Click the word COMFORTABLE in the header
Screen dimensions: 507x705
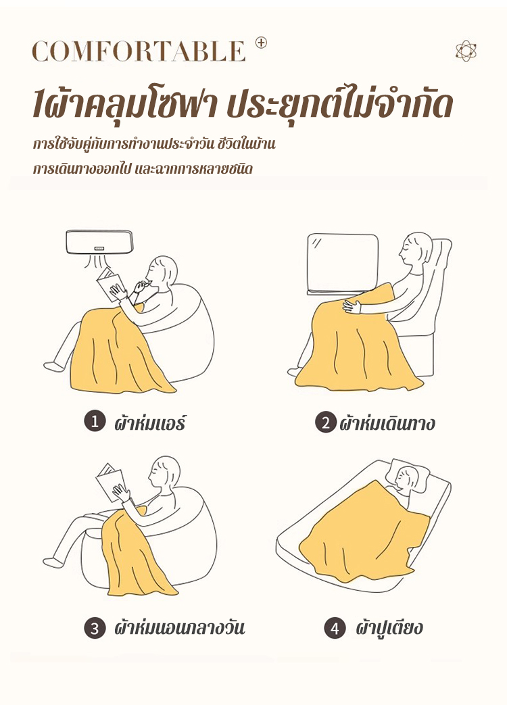tap(139, 51)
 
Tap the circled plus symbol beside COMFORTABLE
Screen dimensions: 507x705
tap(261, 43)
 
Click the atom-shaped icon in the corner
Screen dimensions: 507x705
tap(466, 51)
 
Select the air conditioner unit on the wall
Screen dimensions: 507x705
tap(100, 243)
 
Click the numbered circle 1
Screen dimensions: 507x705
tap(95, 422)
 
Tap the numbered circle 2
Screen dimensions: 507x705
tap(325, 422)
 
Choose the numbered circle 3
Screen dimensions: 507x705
tap(95, 628)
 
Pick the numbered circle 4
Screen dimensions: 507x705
tap(335, 628)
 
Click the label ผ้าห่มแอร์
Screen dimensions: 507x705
tap(149, 422)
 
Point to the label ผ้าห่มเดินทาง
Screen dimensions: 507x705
tap(387, 423)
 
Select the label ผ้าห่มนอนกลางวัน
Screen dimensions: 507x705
tap(179, 628)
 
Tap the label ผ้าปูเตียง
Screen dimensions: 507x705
tap(389, 628)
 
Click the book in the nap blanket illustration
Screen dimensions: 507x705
tap(110, 480)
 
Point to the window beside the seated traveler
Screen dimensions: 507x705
tap(343, 264)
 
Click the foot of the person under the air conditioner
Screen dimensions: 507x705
tap(54, 366)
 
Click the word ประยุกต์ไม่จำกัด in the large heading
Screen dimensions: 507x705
tap(339, 106)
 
